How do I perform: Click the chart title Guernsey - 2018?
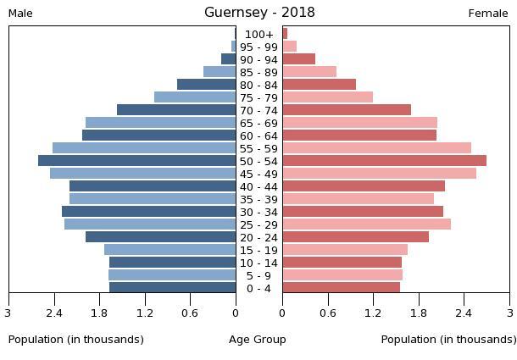tap(259, 12)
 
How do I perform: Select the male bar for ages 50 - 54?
tap(137, 161)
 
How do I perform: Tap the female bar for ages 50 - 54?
tap(384, 161)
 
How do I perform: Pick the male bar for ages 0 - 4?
tap(173, 288)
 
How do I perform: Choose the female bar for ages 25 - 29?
tap(366, 224)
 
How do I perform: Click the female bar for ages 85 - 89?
tap(309, 72)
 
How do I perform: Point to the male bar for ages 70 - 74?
tap(176, 110)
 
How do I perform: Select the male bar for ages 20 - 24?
tap(161, 237)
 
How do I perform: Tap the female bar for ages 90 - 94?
tap(298, 59)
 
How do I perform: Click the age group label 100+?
tap(259, 35)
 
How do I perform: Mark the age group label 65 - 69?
tap(259, 124)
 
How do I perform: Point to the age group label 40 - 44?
tap(259, 187)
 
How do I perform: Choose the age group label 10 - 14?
tap(259, 263)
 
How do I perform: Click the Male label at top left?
tap(20, 14)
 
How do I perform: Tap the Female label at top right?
tap(488, 14)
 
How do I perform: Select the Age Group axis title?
tap(258, 340)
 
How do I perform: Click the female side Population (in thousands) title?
tap(448, 340)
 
